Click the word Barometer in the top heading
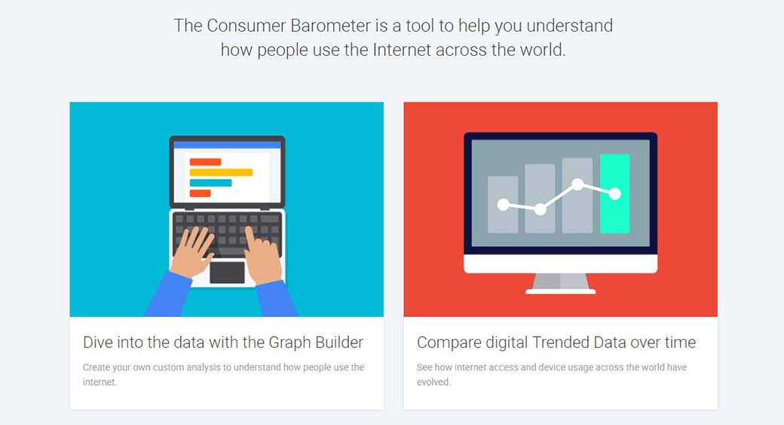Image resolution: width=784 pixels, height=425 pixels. click(331, 26)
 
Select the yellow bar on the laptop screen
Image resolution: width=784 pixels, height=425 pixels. click(221, 172)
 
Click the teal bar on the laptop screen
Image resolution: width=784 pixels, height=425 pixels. click(210, 183)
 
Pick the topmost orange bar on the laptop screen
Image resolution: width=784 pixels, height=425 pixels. click(205, 162)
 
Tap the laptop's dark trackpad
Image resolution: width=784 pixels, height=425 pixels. click(227, 273)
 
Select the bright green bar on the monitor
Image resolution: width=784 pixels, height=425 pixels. click(614, 193)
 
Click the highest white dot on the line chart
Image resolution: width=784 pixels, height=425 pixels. click(577, 185)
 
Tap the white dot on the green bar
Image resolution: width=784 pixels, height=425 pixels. click(615, 193)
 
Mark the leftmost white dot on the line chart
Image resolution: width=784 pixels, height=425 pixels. click(504, 205)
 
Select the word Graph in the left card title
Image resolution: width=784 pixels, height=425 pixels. click(289, 343)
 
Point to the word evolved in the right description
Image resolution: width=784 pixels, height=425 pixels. click(434, 382)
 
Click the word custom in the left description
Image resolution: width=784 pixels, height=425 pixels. click(169, 367)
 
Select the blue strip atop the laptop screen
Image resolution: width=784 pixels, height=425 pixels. click(228, 145)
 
